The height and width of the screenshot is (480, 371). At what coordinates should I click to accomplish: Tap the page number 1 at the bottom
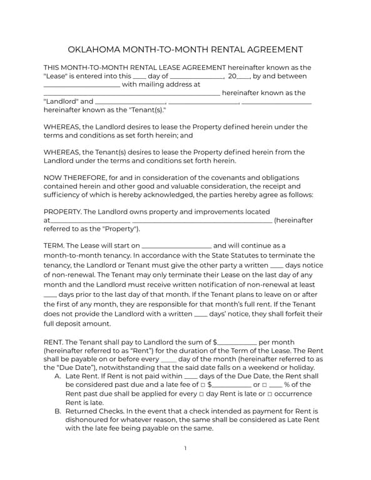pyautogui.click(x=185, y=449)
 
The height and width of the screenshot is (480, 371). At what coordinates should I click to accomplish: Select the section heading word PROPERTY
pyautogui.click(x=63, y=212)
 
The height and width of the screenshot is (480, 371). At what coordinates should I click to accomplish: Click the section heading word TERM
pyautogui.click(x=53, y=246)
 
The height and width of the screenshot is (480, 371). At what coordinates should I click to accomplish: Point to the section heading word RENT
pyautogui.click(x=53, y=342)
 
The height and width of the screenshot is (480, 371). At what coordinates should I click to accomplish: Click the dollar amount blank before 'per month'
pyautogui.click(x=237, y=342)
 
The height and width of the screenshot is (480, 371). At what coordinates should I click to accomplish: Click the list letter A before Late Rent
pyautogui.click(x=58, y=376)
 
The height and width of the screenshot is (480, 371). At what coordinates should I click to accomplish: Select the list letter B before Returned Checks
pyautogui.click(x=58, y=411)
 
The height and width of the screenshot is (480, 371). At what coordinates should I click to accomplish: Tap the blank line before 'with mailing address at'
pyautogui.click(x=81, y=84)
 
